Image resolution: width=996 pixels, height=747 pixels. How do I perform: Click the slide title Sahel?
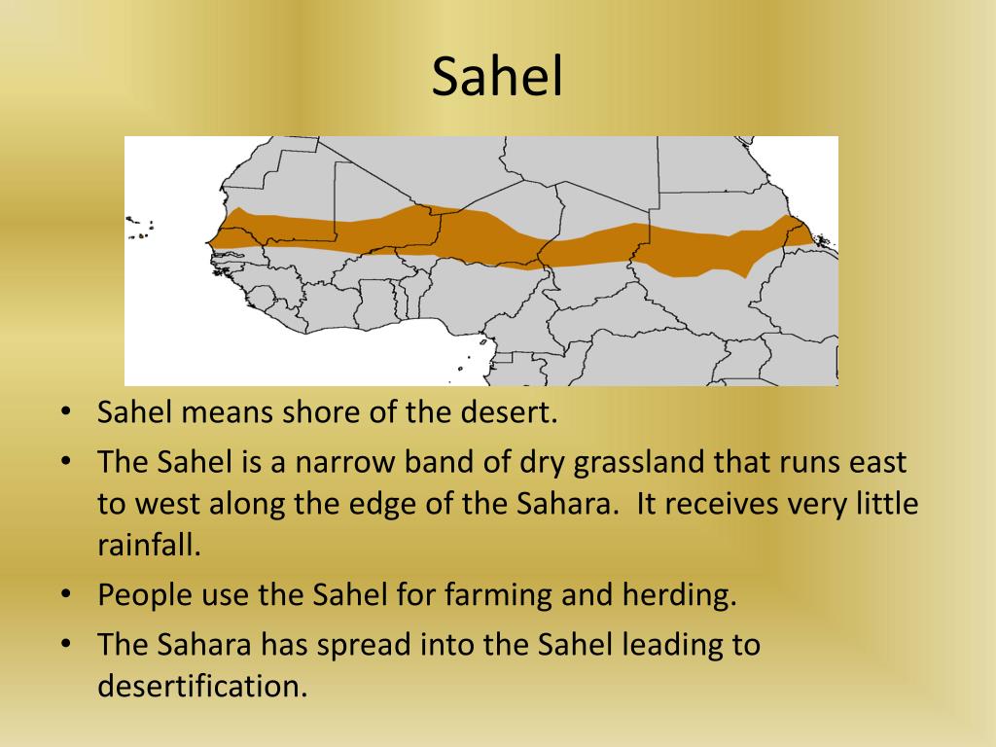[497, 78]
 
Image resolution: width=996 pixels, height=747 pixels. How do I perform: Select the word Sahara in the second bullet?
[563, 504]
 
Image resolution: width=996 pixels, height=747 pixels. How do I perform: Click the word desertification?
[201, 686]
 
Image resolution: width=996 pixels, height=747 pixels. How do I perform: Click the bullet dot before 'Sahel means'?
[65, 412]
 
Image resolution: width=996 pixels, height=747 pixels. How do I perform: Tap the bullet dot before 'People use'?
[65, 595]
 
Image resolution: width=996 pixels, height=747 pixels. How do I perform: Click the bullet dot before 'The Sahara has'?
[65, 644]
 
